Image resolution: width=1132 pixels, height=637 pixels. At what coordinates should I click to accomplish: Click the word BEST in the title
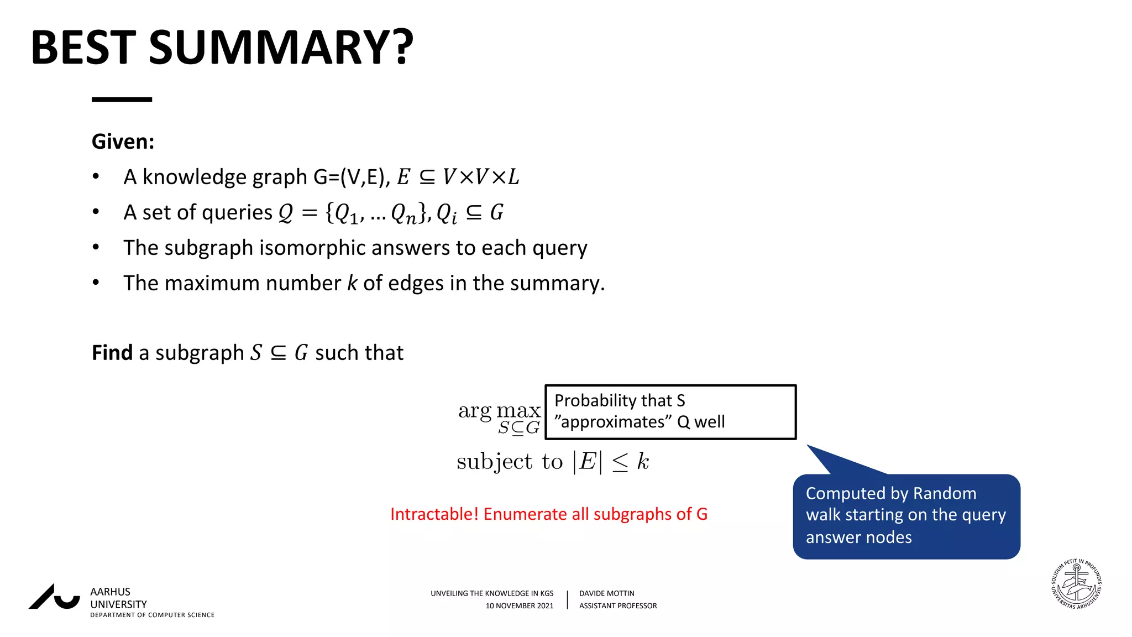coord(83,48)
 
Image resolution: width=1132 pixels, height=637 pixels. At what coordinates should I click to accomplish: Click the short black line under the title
coord(122,100)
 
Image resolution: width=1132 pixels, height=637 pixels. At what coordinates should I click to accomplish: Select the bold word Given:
coord(123,142)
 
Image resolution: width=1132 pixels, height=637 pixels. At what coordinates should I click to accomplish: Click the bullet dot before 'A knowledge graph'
coord(96,177)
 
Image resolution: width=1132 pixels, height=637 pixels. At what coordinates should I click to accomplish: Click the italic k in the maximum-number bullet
coord(352,283)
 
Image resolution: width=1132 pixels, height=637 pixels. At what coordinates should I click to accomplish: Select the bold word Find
coord(112,353)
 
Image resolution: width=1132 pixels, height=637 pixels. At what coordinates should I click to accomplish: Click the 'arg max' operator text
coord(499,410)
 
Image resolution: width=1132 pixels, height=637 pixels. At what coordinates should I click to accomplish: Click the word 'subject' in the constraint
coord(495,462)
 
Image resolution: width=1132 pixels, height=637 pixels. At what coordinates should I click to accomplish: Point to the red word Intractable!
coord(434,514)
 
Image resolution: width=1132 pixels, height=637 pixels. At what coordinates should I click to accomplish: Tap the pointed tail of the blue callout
coord(824,456)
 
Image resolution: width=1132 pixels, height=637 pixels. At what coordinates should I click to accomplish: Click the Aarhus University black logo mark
coord(54,597)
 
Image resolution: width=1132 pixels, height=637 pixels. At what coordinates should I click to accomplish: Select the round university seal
coord(1076,584)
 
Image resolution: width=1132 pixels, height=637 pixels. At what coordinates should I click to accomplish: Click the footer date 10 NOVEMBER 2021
coord(519,606)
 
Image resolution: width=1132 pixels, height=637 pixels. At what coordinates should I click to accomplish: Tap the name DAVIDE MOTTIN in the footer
coord(606,593)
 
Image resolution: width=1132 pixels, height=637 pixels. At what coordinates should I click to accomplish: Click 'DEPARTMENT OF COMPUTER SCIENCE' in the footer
coord(152,615)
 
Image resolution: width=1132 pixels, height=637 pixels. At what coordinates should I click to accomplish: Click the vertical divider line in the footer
coord(567,599)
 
